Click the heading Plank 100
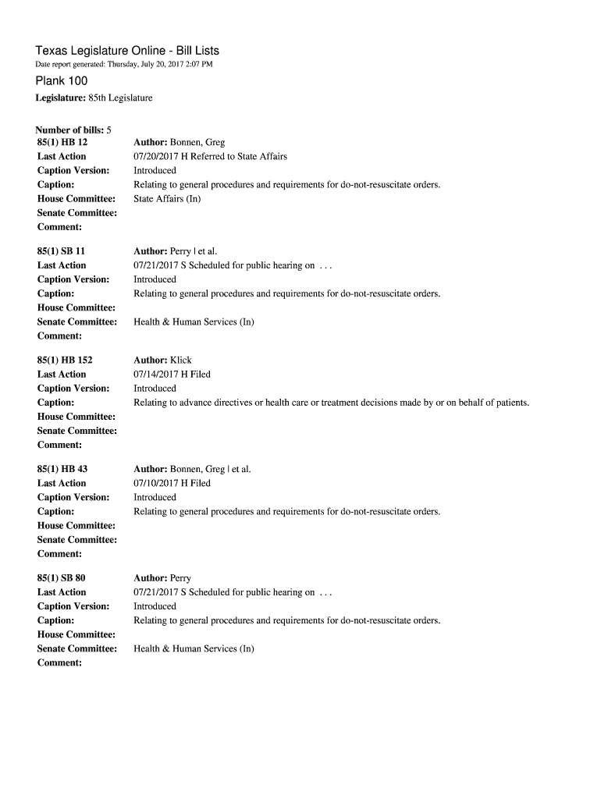point(62,81)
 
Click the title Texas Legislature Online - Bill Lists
point(127,51)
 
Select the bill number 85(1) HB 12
point(62,143)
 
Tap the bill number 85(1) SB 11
point(62,251)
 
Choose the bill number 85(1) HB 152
point(65,360)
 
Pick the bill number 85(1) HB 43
point(62,469)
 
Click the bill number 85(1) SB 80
point(62,578)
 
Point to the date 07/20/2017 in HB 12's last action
point(159,156)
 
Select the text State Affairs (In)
point(167,199)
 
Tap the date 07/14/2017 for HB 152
point(159,375)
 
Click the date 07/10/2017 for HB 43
point(159,483)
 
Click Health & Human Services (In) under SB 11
point(194,321)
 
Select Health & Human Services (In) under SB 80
point(194,648)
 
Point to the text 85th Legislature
point(120,98)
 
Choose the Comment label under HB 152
point(59,445)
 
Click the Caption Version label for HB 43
point(73,497)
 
